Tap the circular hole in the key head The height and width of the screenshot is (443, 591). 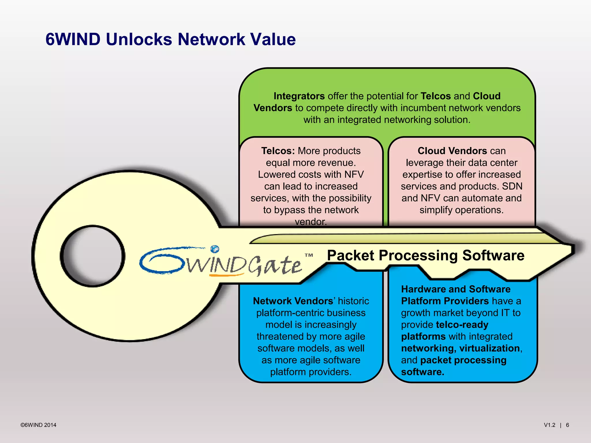pos(93,256)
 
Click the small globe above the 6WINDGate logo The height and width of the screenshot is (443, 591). pos(215,249)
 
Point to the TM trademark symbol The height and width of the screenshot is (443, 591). pos(309,255)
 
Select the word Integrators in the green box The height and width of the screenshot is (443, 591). pos(299,96)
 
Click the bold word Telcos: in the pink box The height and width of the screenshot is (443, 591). pos(278,151)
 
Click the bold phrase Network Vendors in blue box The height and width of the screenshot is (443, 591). pos(293,301)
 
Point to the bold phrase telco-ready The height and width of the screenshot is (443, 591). pos(462,325)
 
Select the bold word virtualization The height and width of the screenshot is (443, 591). pos(489,348)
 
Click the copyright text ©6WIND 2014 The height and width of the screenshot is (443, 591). pos(38,425)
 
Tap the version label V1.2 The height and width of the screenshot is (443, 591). pos(549,425)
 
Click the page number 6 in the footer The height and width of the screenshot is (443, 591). pos(567,425)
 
